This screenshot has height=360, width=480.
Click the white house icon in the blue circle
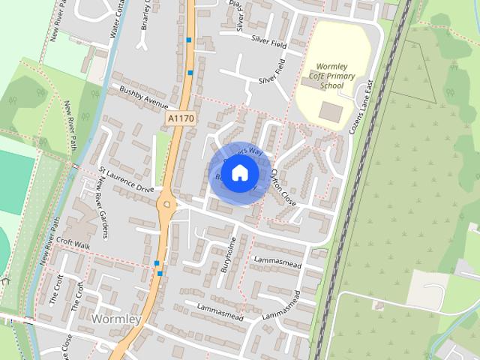238,173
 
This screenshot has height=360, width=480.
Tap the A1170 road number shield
179,118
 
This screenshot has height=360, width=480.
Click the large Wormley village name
115,319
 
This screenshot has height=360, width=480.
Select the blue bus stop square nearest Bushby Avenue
190,73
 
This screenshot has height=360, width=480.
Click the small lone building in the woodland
379,305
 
